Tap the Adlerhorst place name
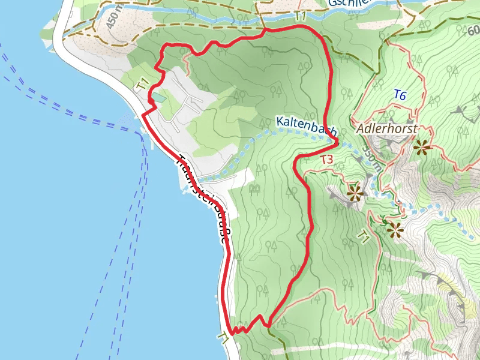click(386, 129)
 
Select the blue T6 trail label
click(400, 95)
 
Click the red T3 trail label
click(326, 160)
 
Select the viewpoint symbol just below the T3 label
click(355, 193)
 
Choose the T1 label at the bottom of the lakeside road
click(224, 338)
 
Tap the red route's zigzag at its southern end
click(246, 326)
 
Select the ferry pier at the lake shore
click(143, 133)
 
